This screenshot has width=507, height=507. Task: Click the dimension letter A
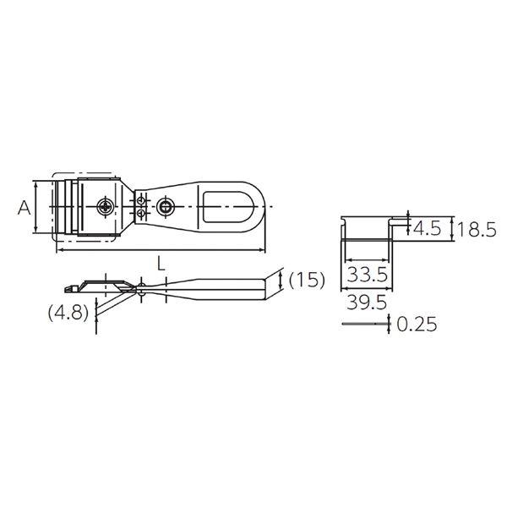point(24,208)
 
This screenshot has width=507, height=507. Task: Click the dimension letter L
point(161,263)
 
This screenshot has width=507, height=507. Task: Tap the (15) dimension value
point(307,280)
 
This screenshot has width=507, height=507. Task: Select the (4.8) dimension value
point(68,313)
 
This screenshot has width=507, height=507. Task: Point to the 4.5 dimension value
point(427,229)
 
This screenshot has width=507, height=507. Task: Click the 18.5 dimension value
point(476,230)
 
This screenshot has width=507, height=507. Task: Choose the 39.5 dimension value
point(367,303)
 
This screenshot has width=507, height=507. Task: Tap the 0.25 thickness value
point(417,324)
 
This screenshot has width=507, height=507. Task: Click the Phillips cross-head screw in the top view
point(106,206)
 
